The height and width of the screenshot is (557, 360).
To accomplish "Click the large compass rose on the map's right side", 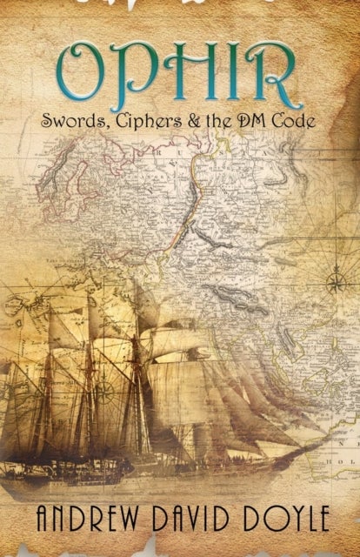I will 334,281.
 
